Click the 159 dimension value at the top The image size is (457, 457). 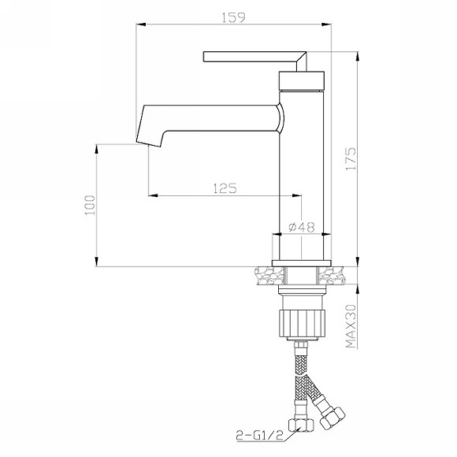pos(233,17)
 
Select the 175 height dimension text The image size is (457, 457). pos(351,159)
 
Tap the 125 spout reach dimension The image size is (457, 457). pos(225,188)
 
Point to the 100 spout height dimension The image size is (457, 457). pos(90,205)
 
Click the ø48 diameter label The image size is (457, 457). pos(302,227)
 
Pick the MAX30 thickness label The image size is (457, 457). pos(351,326)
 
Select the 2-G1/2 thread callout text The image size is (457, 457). pos(259,436)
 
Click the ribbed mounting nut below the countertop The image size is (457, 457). pos(302,324)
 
